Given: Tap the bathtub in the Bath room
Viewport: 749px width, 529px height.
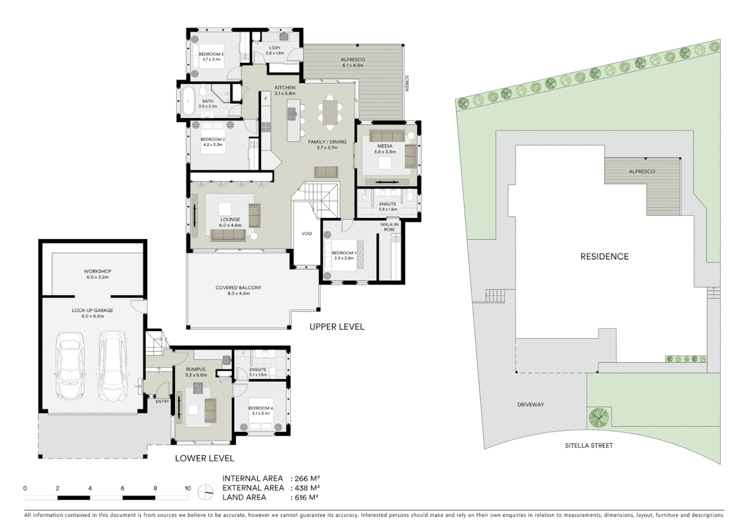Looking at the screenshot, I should tap(188, 100).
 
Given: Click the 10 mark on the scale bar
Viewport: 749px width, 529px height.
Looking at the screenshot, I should tap(187, 488).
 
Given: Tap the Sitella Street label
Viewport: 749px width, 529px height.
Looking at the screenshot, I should tap(589, 445).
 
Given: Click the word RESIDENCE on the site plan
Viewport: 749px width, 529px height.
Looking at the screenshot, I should tap(604, 256).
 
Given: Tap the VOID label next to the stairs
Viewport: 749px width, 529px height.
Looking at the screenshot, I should tap(307, 234).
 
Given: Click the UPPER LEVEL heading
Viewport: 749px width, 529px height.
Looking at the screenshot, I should tap(337, 327).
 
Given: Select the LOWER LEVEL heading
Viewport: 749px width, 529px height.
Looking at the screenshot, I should tap(204, 458).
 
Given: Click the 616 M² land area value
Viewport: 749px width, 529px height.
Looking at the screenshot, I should tap(306, 497).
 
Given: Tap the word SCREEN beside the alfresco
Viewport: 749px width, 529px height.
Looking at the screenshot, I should tap(406, 83).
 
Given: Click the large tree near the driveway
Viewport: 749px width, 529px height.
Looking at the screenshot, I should tap(599, 417).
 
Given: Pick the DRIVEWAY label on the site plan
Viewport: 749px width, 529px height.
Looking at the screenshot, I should tap(530, 405).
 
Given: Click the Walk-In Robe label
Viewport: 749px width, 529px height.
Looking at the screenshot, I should tap(389, 227).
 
